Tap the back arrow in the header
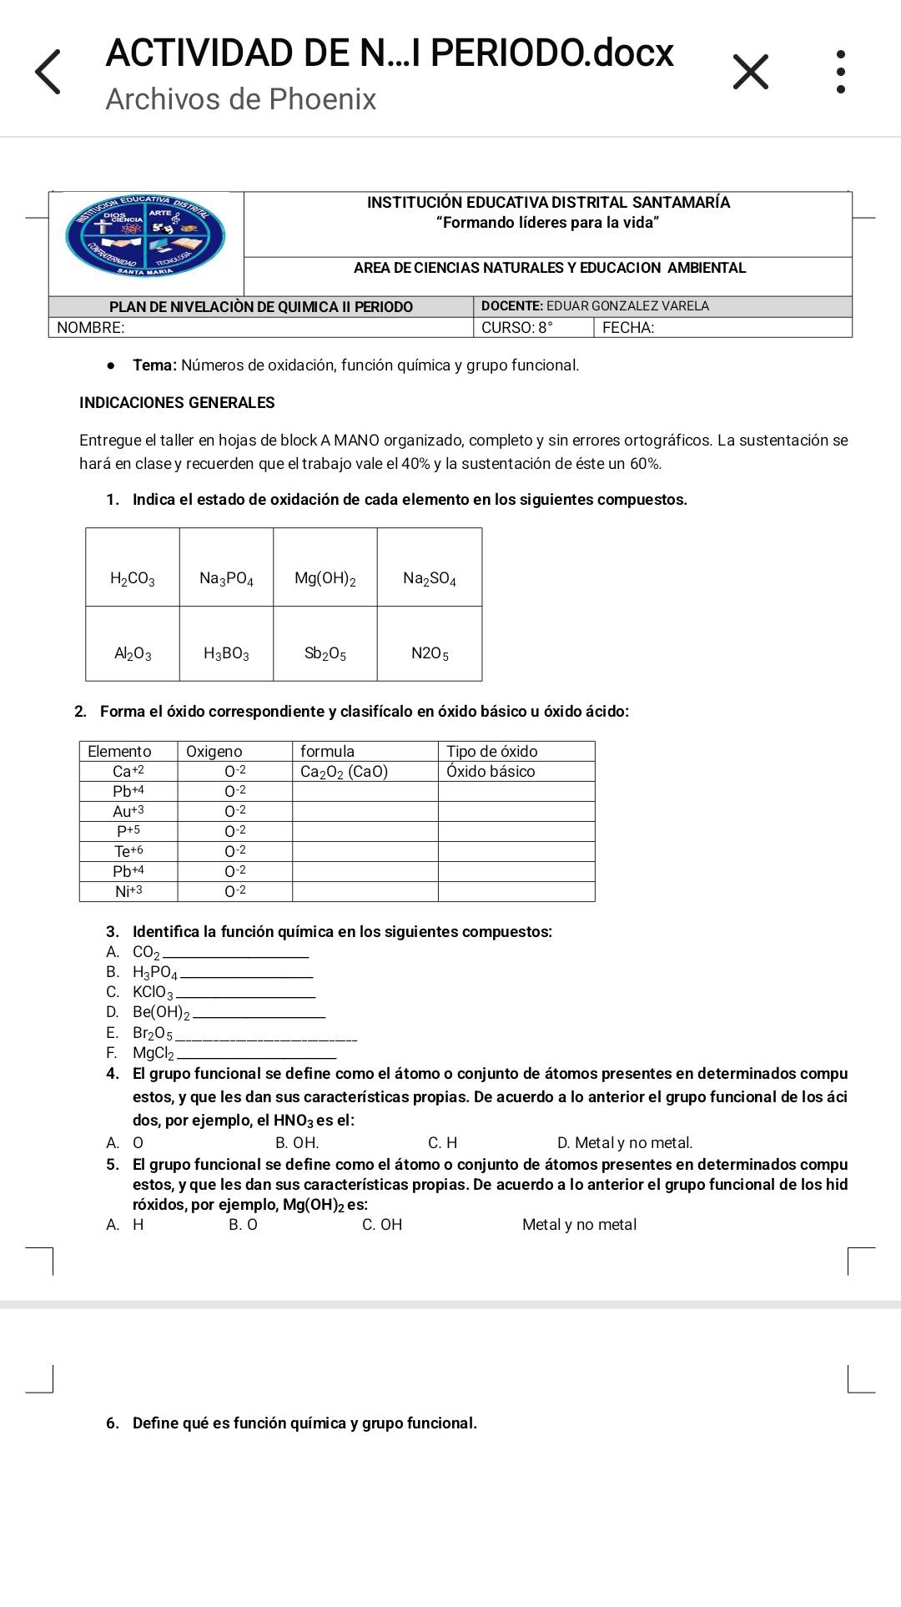[x=48, y=72]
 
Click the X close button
[x=750, y=72]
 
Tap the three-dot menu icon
[x=840, y=72]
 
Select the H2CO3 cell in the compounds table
[x=133, y=578]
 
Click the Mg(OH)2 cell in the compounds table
[x=325, y=578]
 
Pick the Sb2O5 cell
[x=325, y=653]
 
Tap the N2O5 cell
[x=430, y=653]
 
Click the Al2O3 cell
[x=133, y=653]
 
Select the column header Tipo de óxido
[x=492, y=751]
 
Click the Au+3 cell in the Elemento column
[x=128, y=811]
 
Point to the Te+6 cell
[x=128, y=851]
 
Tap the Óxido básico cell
[x=491, y=772]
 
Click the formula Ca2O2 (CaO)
[x=344, y=772]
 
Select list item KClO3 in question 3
[x=153, y=993]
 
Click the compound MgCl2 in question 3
[x=153, y=1054]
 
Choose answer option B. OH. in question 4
[x=297, y=1143]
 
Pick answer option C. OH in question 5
[x=382, y=1225]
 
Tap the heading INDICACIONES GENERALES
[x=177, y=403]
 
